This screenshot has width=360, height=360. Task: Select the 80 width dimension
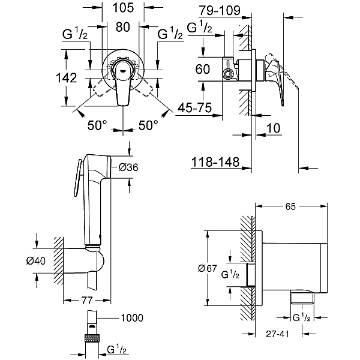point(123,26)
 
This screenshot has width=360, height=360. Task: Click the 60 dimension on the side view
point(203,68)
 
